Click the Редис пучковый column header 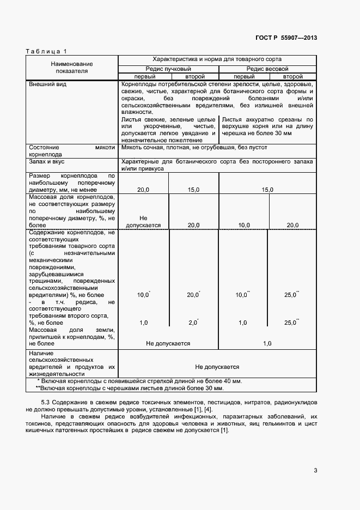click(168, 69)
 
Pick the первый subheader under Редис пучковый click(144, 77)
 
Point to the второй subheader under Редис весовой click(292, 77)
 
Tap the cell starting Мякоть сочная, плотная click(194, 147)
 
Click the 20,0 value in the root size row click(144, 189)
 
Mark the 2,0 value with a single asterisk click(193, 323)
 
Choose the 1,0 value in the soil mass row click(267, 343)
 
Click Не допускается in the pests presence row click(217, 367)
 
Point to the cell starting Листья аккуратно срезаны click(267, 126)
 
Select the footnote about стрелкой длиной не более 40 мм click(139, 381)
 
